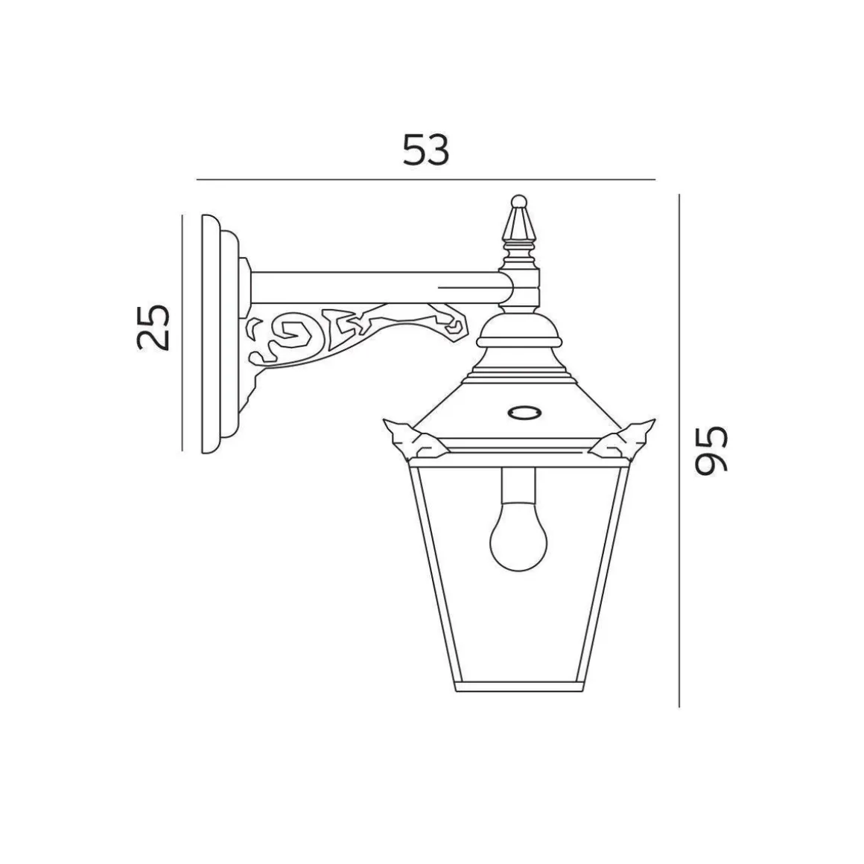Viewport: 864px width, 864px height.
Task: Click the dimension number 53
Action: [x=426, y=150]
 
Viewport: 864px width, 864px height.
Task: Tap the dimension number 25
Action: [x=154, y=327]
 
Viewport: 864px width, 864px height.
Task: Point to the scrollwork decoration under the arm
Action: [x=350, y=328]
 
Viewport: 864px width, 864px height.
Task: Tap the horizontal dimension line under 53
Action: [x=425, y=180]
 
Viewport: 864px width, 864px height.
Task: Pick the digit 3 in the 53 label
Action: [x=439, y=150]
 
